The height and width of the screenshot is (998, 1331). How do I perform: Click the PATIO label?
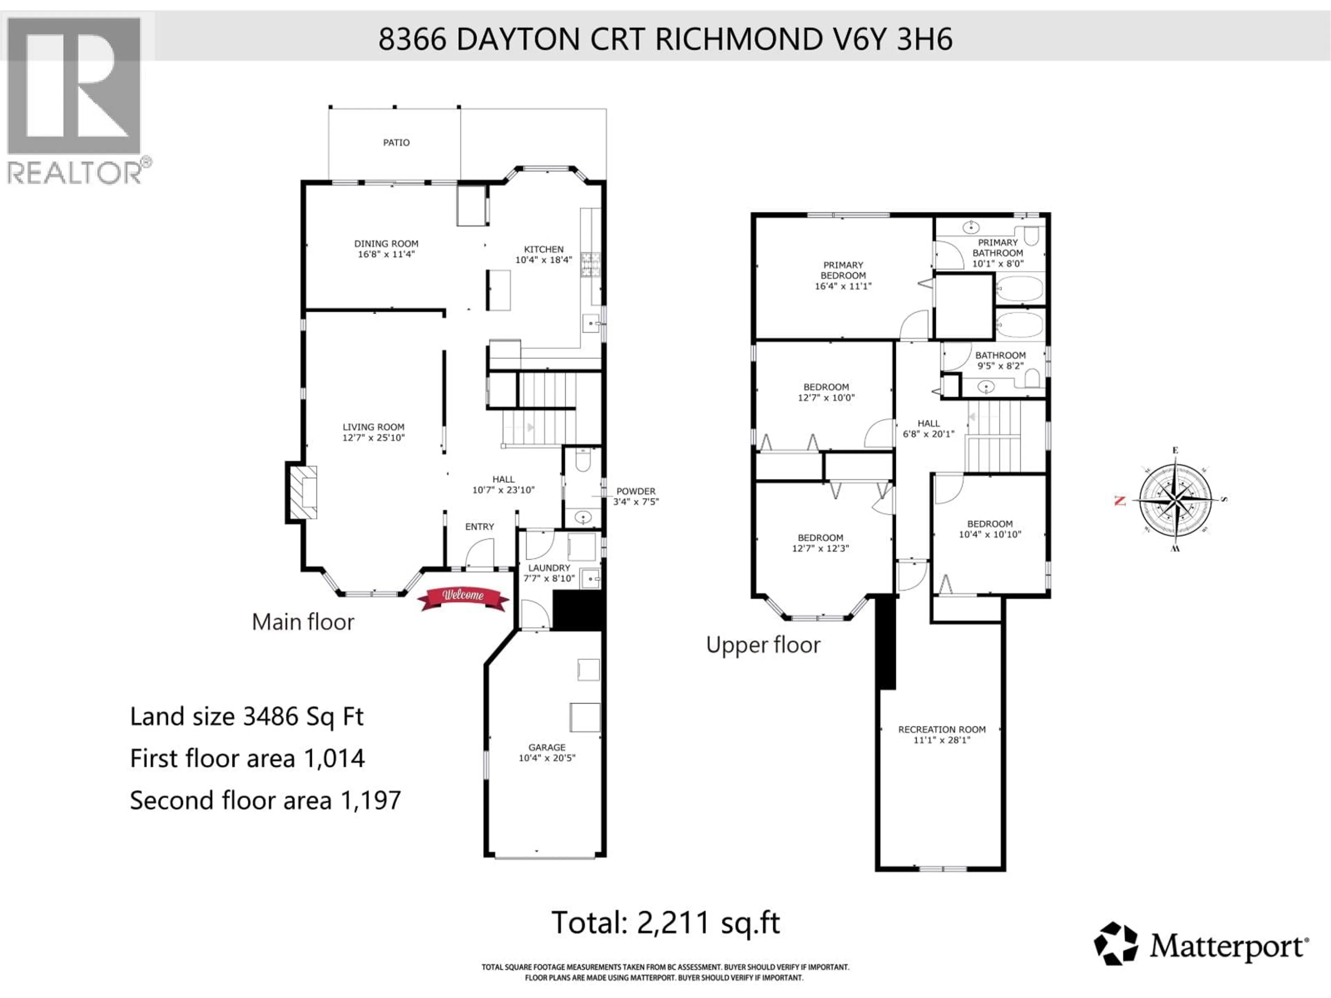[396, 142]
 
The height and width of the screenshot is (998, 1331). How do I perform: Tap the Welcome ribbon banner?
[463, 597]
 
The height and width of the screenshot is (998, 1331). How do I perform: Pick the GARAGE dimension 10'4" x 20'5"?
[547, 758]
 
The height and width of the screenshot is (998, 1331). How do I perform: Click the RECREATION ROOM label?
[942, 729]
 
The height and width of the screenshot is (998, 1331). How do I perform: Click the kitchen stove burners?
[590, 265]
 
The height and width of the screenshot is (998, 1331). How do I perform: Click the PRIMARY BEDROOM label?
[843, 270]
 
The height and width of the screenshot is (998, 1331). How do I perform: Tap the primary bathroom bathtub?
[1019, 289]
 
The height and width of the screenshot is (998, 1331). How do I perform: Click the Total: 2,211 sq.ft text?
[665, 923]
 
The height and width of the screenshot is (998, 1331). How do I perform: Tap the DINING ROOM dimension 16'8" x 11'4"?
[386, 254]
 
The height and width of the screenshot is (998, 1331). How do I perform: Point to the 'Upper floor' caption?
[763, 645]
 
